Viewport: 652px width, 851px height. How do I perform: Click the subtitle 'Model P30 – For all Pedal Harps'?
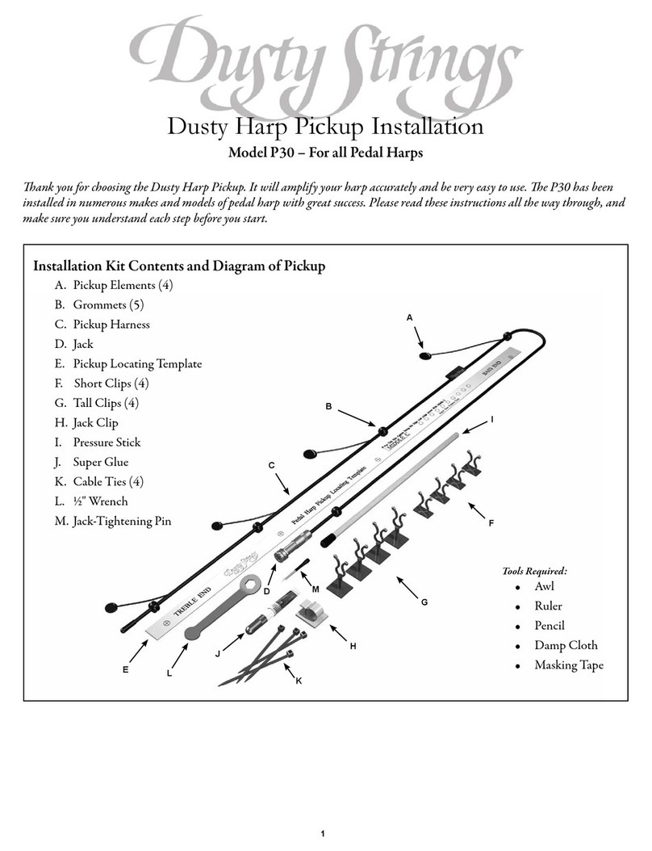(326, 153)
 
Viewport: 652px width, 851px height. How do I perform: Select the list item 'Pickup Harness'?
(111, 324)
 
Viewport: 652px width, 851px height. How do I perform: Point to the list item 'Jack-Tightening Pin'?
(122, 522)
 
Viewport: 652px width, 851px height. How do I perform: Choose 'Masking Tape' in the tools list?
(568, 665)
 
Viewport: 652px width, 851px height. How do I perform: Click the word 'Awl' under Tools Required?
(544, 587)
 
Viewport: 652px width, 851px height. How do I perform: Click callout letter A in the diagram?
(409, 318)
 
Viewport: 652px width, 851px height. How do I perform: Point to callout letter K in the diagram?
(299, 681)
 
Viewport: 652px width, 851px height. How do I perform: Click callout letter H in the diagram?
(353, 646)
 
